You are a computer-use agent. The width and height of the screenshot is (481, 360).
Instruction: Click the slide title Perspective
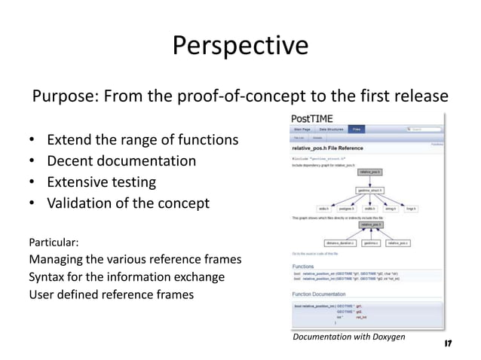(x=240, y=46)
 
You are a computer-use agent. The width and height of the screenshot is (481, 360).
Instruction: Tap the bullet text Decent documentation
(x=121, y=161)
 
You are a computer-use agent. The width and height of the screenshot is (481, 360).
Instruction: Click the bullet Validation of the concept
(x=128, y=203)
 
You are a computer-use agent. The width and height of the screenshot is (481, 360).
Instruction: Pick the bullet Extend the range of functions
(x=142, y=140)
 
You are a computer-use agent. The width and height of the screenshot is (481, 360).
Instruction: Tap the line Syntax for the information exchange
(x=127, y=276)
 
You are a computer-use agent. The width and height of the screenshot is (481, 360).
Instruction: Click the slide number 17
(x=448, y=343)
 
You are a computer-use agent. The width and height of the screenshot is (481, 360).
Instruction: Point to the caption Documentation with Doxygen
(x=348, y=336)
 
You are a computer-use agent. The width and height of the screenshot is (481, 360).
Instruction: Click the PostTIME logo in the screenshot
(x=313, y=119)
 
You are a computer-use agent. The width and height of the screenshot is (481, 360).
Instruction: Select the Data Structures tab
(x=332, y=130)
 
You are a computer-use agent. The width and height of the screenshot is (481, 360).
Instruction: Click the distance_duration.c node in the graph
(x=338, y=243)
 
